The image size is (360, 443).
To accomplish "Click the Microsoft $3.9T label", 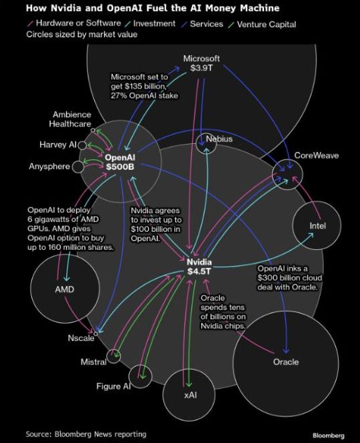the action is [201, 63].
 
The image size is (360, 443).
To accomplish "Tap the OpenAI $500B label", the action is [120, 162].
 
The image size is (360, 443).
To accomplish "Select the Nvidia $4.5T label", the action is [199, 266].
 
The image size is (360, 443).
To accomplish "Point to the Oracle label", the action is [286, 362].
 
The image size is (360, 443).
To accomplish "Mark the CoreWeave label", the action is [317, 155].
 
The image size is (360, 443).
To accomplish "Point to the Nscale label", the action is [81, 338].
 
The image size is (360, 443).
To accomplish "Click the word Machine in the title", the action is [259, 8].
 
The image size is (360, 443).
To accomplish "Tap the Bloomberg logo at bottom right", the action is [329, 436].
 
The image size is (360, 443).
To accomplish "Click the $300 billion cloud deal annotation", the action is [289, 278].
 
